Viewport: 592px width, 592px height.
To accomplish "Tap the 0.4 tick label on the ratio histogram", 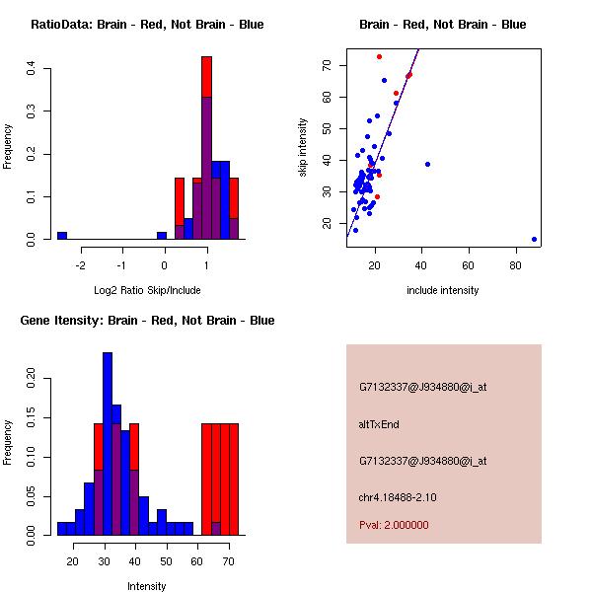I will pos(32,68).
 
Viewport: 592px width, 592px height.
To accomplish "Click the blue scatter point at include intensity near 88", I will pos(534,239).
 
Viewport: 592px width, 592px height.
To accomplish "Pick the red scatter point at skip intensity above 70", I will pos(379,56).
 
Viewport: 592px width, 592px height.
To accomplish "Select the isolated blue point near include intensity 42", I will pos(427,164).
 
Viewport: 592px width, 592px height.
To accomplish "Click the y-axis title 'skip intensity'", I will pos(303,148).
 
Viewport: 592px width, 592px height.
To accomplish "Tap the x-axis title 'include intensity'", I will pos(443,290).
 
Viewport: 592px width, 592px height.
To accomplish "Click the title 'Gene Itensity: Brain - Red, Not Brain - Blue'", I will pos(139,321).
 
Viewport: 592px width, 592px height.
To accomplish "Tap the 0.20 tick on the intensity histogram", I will pos(32,376).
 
